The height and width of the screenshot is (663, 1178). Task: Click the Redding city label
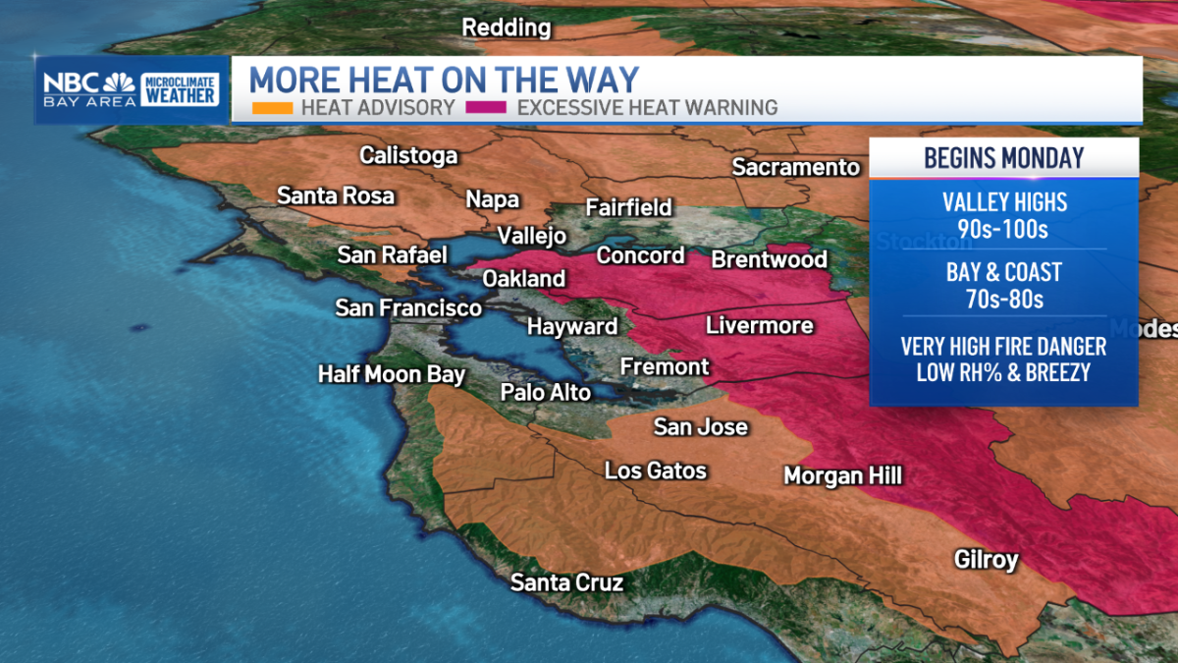coord(507,28)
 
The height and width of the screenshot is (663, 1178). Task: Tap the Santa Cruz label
coord(566,582)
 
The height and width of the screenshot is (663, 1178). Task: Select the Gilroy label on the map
coord(986,560)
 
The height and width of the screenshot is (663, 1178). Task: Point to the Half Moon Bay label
coord(391,374)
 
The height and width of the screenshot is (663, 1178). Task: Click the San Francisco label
coord(408,308)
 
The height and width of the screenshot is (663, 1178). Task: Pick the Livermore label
coord(759,325)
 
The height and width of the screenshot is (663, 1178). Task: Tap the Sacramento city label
coord(795,167)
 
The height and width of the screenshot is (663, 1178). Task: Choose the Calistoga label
coord(408,155)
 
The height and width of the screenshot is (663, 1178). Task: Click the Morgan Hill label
coord(842,476)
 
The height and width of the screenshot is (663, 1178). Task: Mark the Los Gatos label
coord(655,470)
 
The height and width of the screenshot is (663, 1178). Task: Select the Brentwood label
coord(769,259)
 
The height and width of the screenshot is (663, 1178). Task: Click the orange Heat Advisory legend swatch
coord(272,108)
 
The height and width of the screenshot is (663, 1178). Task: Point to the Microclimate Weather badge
coord(180,89)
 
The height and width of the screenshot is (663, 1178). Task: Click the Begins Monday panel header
coord(1003,157)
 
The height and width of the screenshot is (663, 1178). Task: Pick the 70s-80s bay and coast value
coord(1003,299)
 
